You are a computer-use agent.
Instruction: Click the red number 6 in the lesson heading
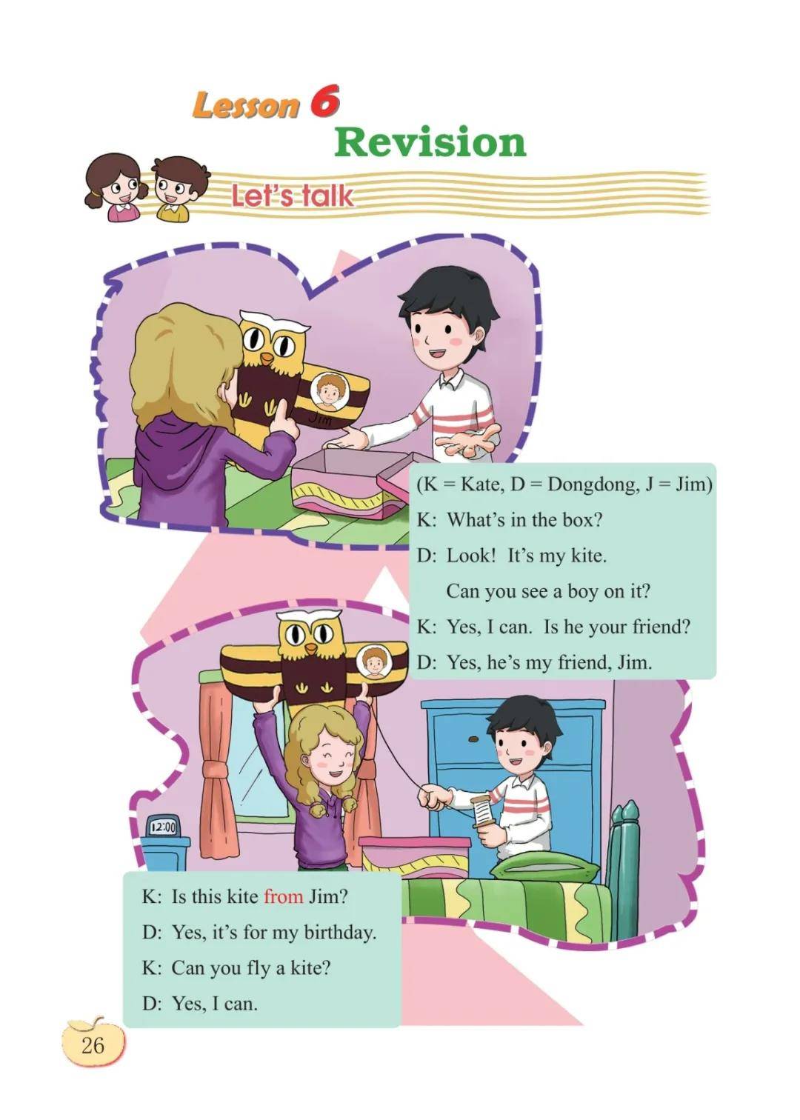pyautogui.click(x=324, y=100)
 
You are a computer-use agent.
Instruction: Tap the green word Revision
pyautogui.click(x=430, y=142)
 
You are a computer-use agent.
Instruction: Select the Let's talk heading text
pyautogui.click(x=292, y=196)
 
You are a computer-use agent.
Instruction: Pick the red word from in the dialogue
pyautogui.click(x=284, y=896)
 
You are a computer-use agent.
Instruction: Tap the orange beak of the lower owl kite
pyautogui.click(x=311, y=648)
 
